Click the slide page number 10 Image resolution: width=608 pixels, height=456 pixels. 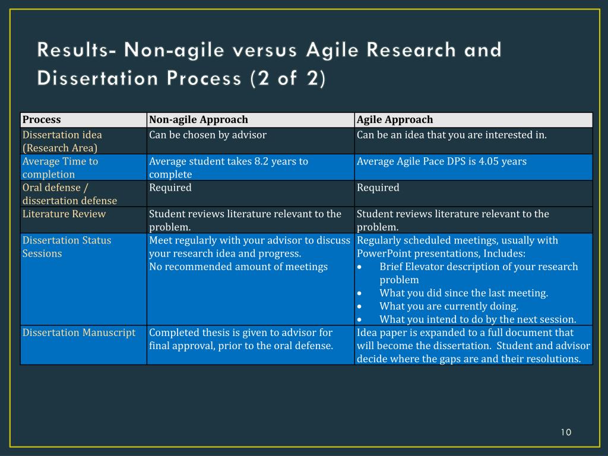[x=565, y=432]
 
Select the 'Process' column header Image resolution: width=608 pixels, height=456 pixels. [x=42, y=120]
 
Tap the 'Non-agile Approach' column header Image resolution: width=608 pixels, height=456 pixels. [x=198, y=120]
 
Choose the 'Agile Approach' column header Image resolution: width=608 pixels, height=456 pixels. [x=395, y=120]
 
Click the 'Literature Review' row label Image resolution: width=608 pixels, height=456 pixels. [x=64, y=214]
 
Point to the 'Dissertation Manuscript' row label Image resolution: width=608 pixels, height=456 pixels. [x=79, y=332]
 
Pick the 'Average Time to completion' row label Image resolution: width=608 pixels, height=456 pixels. [x=60, y=167]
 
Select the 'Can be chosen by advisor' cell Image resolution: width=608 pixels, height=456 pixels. [x=208, y=135]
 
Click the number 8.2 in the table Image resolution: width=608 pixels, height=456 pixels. [x=262, y=161]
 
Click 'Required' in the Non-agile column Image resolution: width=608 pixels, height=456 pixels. [x=170, y=188]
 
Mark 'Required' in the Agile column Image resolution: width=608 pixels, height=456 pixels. [x=378, y=188]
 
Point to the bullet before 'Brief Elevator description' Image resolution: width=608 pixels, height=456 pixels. [x=360, y=267]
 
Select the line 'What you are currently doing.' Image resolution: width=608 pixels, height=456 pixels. [x=449, y=306]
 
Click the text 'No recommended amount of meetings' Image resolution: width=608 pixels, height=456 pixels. [x=238, y=267]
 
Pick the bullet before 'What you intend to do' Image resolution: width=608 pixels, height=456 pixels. [x=360, y=319]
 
